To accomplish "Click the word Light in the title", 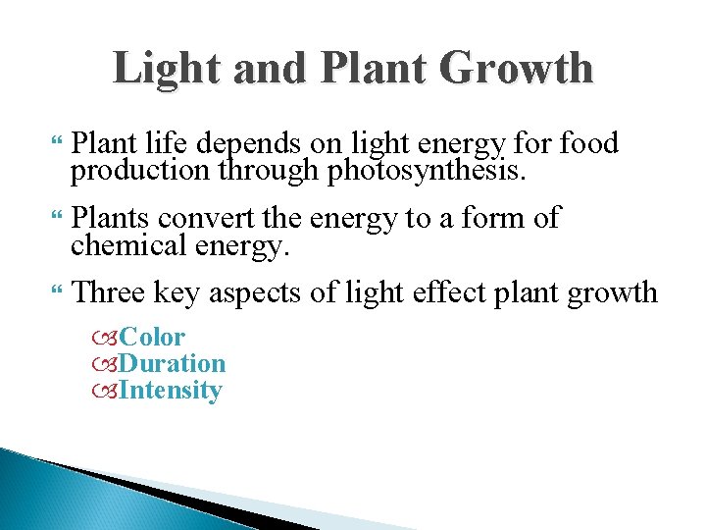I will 159,69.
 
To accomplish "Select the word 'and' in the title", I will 260,69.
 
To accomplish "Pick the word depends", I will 251,145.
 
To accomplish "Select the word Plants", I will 111,217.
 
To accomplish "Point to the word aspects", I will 292,291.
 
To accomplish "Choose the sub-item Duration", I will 172,364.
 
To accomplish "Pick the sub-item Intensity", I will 171,391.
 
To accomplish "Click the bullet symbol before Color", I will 106,339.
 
